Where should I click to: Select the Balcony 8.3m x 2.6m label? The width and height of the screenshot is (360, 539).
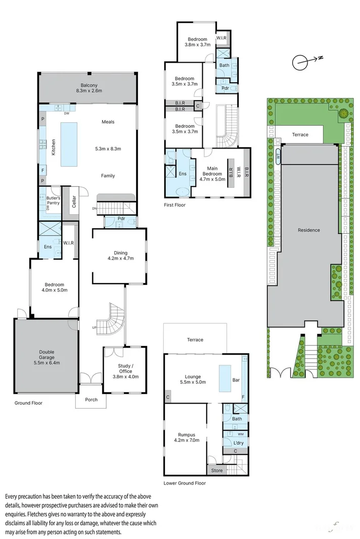88,88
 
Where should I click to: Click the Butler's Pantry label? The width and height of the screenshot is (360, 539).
53,201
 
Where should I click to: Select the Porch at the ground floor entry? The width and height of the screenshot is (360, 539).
91,400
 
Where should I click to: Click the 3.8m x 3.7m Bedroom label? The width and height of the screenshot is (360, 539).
197,42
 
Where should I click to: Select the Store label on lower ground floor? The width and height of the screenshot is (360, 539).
216,471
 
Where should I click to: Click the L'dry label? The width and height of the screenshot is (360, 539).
238,443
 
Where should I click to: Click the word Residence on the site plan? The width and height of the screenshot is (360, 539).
308,230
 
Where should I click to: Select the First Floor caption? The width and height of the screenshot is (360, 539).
174,205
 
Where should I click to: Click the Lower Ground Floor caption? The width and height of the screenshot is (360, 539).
185,483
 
